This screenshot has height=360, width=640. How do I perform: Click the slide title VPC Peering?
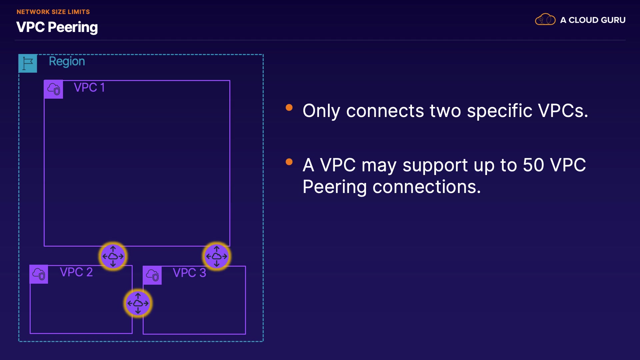tap(57, 27)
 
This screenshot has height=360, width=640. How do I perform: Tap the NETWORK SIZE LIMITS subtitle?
tap(53, 12)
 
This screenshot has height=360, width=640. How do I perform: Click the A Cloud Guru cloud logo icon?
tap(545, 20)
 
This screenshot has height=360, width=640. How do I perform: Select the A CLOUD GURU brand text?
tap(593, 20)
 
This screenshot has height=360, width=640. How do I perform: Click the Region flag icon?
tap(28, 63)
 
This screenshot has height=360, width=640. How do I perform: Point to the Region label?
tap(67, 62)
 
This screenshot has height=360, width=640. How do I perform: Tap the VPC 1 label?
tap(89, 87)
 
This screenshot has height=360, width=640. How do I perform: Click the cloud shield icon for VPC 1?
tap(53, 89)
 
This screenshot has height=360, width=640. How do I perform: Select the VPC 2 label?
tap(76, 272)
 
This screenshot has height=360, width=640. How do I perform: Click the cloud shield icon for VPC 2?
tap(39, 274)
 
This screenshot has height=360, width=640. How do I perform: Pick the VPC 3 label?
tap(189, 273)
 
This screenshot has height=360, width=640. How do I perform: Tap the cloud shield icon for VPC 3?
tap(152, 275)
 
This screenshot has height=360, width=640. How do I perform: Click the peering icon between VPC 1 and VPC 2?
tap(113, 256)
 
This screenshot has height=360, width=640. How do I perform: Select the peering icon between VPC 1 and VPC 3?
tap(217, 256)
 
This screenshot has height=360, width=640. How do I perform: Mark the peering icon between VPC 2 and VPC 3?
tap(138, 303)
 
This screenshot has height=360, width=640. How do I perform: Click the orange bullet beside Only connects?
tap(289, 107)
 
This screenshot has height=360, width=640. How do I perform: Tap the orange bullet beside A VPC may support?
tap(289, 162)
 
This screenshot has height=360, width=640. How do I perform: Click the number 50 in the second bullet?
tap(533, 165)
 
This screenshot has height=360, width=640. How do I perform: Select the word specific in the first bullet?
tap(500, 111)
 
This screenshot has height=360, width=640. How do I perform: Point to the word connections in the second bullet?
tap(427, 187)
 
